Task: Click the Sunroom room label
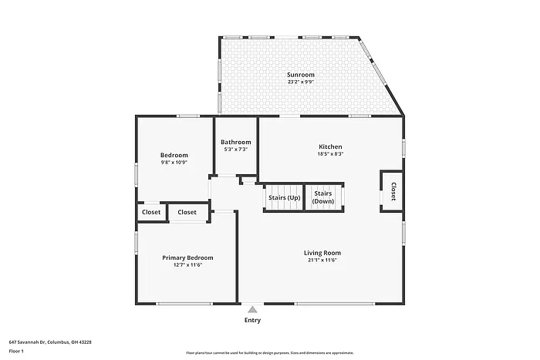tap(301, 75)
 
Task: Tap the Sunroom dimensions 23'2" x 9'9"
tap(301, 82)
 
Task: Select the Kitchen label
tap(330, 146)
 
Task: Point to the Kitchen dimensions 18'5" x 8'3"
tap(330, 154)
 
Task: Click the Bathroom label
tap(235, 142)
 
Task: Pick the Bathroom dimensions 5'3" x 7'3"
tap(235, 150)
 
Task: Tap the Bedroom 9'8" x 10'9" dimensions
tap(174, 163)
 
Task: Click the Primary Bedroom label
tap(187, 257)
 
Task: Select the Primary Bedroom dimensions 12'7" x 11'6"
tap(187, 265)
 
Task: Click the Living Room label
tap(322, 252)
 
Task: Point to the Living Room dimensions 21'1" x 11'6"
tap(322, 260)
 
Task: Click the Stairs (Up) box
tap(284, 197)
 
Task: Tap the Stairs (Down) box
tap(323, 197)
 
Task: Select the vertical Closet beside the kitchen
tap(392, 191)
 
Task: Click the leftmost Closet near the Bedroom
tap(151, 212)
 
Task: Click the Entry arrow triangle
tap(252, 309)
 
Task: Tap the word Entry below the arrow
tap(252, 320)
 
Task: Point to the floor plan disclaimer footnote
tap(269, 352)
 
